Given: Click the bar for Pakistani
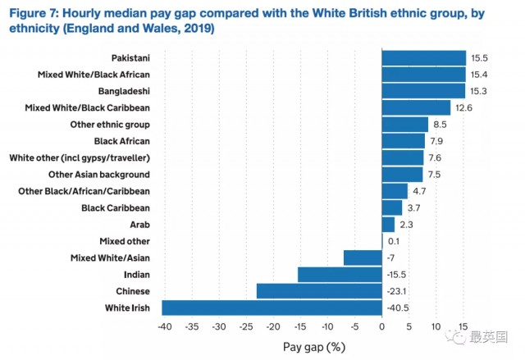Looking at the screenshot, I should point(423,57).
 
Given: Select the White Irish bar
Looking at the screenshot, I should point(272,308).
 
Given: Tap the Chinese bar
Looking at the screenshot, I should point(319,291).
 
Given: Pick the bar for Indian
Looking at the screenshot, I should point(340,275).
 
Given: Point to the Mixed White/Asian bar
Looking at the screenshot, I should point(363,257).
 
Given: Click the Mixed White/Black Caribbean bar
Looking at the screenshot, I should point(416,107).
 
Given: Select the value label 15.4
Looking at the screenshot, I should point(477,75).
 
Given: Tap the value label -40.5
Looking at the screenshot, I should point(397,308).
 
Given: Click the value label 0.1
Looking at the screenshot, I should point(393,241).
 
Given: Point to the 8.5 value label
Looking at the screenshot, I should point(441,125).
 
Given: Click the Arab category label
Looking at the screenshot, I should point(139,224).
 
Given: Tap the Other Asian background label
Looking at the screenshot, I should point(99,174).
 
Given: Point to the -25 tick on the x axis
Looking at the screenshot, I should point(245,326).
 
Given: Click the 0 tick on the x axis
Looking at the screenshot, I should point(382,326).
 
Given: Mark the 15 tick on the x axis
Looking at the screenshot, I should point(464,326).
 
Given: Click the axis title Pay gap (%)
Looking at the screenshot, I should point(314,346).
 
